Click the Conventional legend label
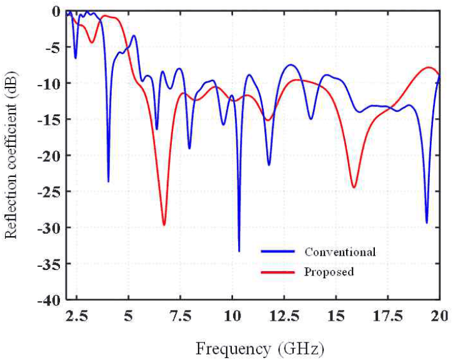[340, 252]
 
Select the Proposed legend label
[329, 272]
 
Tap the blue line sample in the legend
[277, 252]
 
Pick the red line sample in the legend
[277, 272]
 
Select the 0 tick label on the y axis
[56, 12]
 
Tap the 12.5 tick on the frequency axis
[284, 316]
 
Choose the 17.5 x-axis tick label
[388, 316]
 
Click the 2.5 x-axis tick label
[77, 316]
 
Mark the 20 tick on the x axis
[440, 316]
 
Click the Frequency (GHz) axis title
[260, 349]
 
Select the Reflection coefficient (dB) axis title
[11, 155]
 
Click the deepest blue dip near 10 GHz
[239, 251]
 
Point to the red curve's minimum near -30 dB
[164, 225]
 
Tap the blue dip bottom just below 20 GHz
[427, 222]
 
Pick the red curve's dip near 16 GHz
[354, 187]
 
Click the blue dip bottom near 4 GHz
[108, 181]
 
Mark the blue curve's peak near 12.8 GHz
[291, 65]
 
